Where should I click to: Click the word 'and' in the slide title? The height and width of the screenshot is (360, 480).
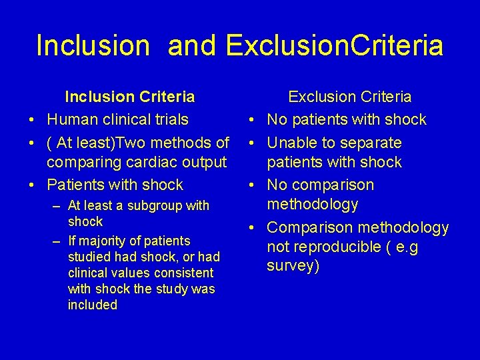(x=193, y=45)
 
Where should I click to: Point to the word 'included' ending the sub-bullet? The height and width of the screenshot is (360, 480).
(x=93, y=305)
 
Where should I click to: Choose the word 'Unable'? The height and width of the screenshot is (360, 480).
(x=291, y=143)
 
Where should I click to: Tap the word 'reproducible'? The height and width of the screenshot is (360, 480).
(x=326, y=247)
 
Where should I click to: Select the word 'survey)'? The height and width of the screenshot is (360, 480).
(x=293, y=266)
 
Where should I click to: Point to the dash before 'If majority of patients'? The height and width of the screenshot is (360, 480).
(x=56, y=241)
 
